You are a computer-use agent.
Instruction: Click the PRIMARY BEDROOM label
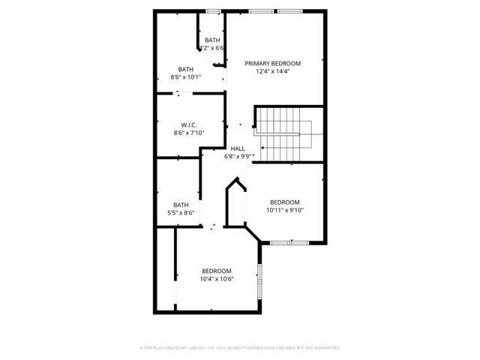272,63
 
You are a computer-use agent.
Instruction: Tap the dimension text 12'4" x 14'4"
272,72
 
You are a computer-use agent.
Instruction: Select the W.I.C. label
188,124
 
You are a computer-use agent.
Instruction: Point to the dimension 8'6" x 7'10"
188,133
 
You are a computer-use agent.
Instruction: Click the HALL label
238,148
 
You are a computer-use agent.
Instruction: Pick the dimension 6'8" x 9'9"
238,157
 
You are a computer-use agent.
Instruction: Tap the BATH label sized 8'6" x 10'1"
185,69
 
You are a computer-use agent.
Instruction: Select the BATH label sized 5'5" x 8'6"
181,205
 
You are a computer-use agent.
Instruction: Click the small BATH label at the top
212,40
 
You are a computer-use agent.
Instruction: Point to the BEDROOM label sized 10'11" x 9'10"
285,202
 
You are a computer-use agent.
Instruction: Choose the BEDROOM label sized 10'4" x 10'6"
217,271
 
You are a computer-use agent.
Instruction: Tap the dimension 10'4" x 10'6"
217,279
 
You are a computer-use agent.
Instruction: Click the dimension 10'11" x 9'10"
285,210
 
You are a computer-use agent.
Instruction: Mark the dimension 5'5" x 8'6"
181,213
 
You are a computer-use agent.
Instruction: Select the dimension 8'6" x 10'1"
185,76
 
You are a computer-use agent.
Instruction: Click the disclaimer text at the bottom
240,348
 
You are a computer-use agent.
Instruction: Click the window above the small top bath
213,11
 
